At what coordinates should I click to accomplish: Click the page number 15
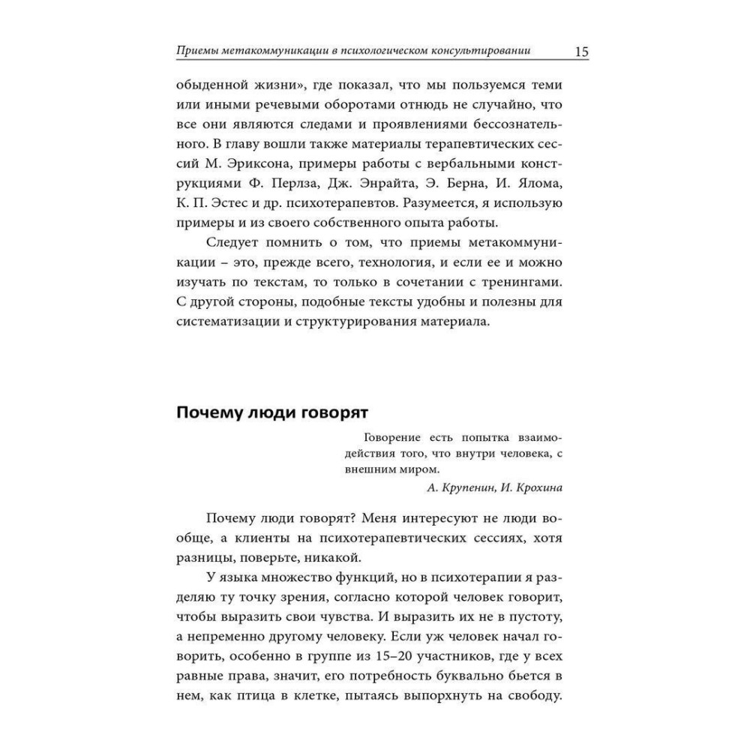point(580,52)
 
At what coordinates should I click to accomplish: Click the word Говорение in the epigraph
point(391,437)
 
